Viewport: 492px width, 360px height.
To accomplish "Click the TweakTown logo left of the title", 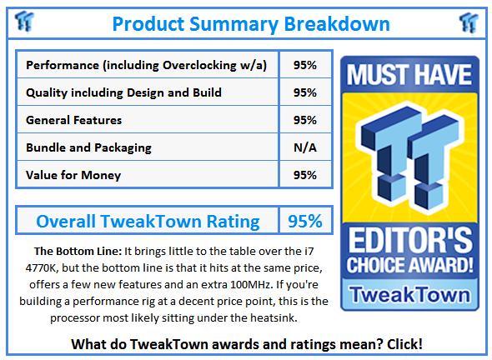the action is [24, 22].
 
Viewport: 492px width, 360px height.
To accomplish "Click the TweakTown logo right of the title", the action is [469, 22].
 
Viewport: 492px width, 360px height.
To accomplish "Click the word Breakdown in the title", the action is [337, 24].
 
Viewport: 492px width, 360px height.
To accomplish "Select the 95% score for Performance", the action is [305, 65].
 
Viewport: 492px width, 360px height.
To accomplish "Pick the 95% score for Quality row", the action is [305, 92].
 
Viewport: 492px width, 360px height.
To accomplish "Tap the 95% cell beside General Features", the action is [305, 120].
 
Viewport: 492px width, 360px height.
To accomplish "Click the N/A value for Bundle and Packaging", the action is [305, 147].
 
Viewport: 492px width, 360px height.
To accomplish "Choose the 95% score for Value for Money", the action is [305, 175].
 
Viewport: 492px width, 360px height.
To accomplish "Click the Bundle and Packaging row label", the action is [88, 148].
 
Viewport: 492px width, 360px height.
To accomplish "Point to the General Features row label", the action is [73, 120].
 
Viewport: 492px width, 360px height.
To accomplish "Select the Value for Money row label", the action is [73, 175].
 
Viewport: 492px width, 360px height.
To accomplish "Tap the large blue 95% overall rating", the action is [305, 221].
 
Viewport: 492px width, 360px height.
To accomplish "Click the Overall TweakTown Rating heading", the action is [148, 222].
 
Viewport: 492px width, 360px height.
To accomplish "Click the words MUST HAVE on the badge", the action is [409, 75].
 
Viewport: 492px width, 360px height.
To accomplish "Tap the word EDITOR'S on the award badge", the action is [410, 240].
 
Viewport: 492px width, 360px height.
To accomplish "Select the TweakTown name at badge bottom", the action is [410, 294].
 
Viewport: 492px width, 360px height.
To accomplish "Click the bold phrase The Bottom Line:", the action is [78, 251].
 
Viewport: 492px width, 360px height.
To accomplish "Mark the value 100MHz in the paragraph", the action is [250, 285].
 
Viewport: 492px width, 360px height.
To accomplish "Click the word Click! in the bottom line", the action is [404, 344].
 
